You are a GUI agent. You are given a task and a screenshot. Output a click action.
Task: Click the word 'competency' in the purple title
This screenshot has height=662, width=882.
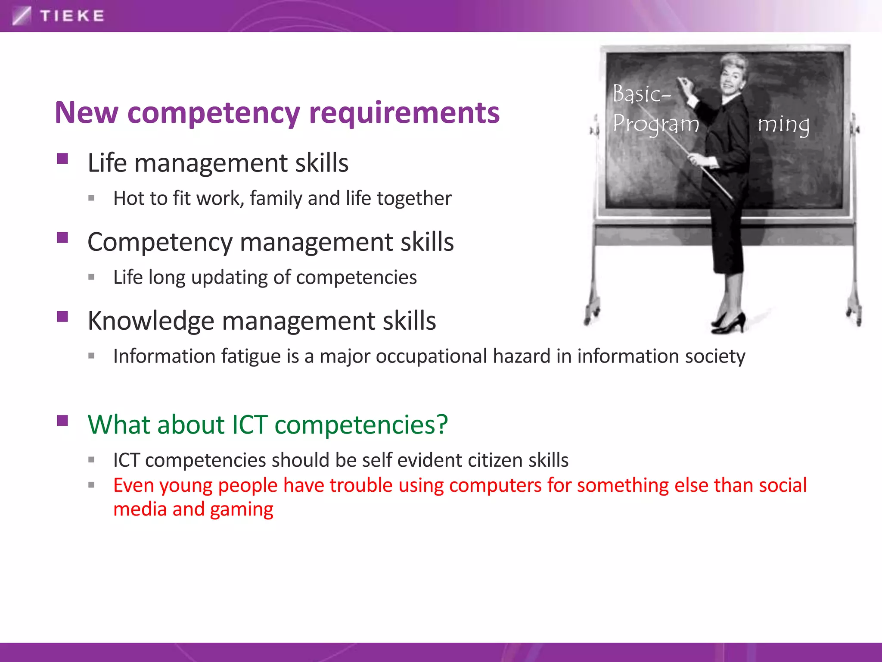point(214,113)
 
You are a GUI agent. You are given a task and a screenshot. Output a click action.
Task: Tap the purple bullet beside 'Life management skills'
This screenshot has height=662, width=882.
point(62,159)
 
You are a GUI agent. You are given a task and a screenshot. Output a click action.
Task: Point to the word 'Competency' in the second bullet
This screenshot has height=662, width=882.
point(160,242)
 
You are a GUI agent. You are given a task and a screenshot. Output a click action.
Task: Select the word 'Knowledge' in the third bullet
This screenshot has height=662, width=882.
point(151,321)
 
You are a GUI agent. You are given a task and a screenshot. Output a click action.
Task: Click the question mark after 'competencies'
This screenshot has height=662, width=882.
point(442,424)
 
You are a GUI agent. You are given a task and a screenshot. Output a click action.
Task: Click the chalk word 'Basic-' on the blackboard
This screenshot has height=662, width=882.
point(641,94)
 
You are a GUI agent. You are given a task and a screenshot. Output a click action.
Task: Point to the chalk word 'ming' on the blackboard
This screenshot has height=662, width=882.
point(783,125)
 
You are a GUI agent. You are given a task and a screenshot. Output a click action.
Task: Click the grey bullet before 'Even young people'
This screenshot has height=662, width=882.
point(91,485)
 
